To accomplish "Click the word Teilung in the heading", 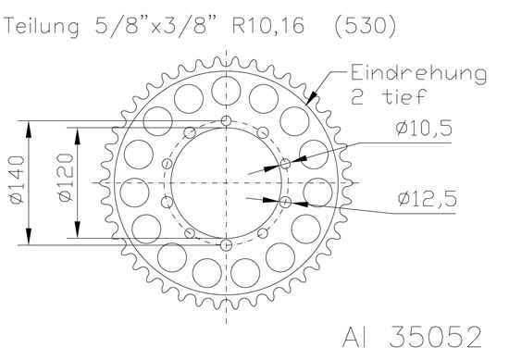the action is tap(43, 27).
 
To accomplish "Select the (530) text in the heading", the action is tap(366, 25).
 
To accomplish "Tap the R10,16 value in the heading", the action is tap(269, 25).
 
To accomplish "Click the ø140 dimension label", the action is tap(18, 180).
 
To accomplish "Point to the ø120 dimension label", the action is tap(66, 177).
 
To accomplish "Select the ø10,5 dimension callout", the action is tap(424, 128).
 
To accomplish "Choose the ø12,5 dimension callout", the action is tap(428, 199).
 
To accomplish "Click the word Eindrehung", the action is tap(418, 75).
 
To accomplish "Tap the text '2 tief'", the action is tap(389, 96).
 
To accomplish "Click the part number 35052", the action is tap(435, 337).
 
